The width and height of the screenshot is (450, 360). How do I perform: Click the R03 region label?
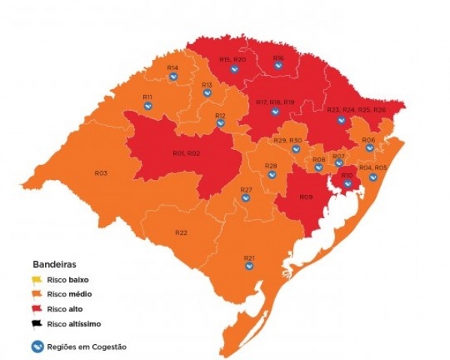[100, 173]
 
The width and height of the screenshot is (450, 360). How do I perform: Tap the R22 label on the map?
[181, 232]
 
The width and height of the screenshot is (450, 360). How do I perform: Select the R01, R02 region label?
[185, 154]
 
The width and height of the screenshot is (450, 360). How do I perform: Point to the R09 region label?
[305, 196]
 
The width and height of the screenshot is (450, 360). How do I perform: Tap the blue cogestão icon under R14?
[172, 78]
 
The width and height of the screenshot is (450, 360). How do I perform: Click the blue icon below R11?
[148, 106]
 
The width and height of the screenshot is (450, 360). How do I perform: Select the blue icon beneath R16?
[277, 67]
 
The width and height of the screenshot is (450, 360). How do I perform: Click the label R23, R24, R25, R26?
[356, 110]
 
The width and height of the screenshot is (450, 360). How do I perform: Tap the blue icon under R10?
[347, 184]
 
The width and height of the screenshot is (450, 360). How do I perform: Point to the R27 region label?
[246, 190]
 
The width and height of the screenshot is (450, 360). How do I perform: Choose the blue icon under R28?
[271, 174]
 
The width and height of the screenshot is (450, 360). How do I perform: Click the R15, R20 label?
[232, 59]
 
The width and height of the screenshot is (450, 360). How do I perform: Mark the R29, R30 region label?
[288, 140]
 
